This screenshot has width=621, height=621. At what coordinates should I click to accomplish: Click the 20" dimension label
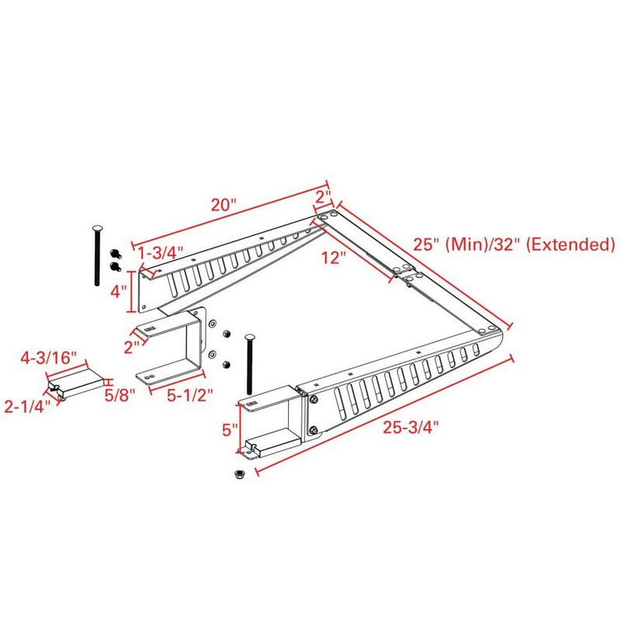coord(223,205)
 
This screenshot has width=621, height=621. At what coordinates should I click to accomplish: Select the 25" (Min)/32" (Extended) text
coord(514,245)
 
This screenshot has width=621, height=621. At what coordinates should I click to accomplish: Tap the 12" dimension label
coord(332,258)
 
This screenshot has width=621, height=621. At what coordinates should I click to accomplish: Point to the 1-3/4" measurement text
coord(161,252)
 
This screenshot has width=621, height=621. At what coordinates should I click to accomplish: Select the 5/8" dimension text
coord(121,394)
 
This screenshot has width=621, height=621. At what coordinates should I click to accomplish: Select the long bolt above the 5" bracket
coord(248,365)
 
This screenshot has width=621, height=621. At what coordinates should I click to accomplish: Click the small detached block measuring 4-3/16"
coord(78,382)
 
